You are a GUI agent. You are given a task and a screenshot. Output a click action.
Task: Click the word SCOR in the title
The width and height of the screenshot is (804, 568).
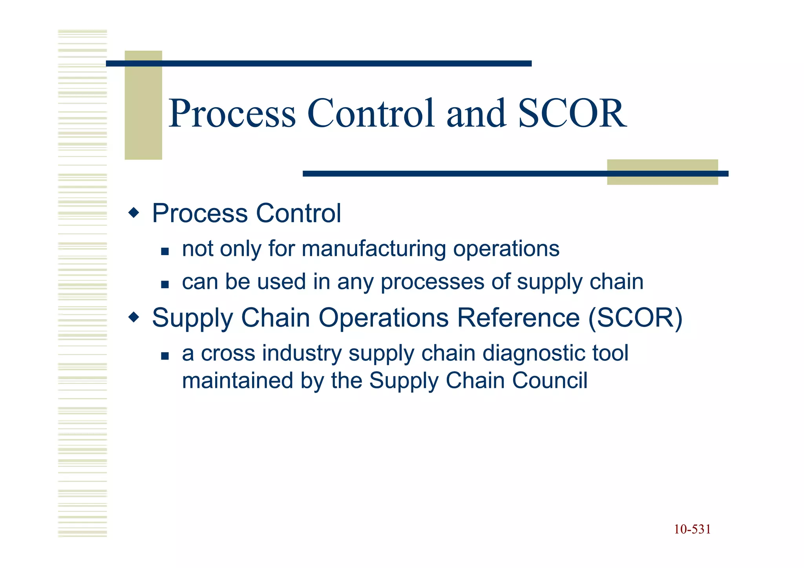coord(572,114)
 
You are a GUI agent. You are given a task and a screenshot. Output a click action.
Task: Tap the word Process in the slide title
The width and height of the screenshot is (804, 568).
coord(232,114)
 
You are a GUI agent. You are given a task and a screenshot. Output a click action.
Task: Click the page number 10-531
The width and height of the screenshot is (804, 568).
coord(692,530)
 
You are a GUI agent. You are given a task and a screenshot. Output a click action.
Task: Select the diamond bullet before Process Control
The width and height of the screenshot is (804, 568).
coord(134,213)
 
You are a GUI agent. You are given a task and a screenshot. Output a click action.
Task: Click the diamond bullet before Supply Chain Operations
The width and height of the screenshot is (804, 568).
coord(134,317)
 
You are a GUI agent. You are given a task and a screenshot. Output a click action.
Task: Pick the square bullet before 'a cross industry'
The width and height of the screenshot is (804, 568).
coord(165,356)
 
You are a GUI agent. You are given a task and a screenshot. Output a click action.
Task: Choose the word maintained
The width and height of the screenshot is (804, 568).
coord(238,380)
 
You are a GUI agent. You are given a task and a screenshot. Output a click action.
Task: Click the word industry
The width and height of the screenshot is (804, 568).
coord(302,353)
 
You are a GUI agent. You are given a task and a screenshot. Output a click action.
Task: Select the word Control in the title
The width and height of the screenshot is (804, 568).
coord(371,114)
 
